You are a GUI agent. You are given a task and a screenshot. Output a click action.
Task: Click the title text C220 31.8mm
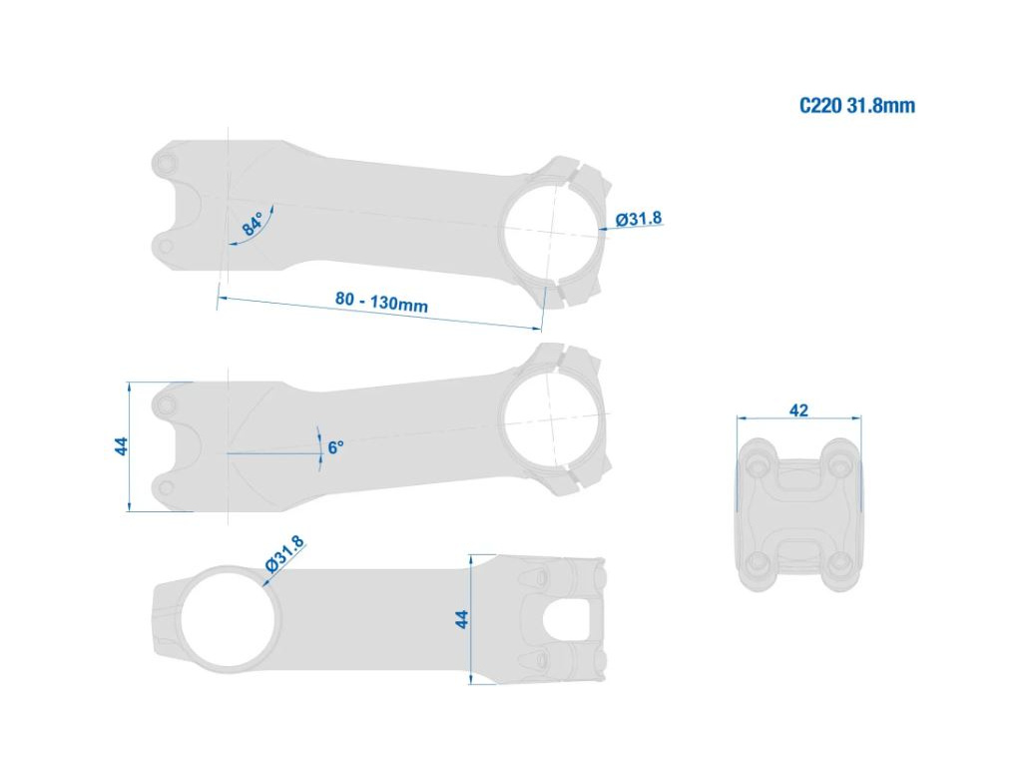(857, 106)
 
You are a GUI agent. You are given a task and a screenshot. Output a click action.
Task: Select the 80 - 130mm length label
(382, 302)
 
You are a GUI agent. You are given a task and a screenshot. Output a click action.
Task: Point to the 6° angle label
(335, 447)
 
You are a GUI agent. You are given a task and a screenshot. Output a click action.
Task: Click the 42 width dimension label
(798, 410)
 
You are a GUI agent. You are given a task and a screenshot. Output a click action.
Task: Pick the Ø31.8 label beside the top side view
(640, 218)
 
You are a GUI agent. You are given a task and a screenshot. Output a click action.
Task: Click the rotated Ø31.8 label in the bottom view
(284, 554)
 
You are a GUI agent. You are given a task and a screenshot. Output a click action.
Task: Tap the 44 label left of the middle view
(121, 446)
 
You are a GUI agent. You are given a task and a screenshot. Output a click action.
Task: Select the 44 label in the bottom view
(461, 619)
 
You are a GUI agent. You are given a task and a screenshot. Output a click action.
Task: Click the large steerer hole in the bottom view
(230, 617)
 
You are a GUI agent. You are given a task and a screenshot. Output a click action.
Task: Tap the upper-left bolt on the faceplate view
(758, 465)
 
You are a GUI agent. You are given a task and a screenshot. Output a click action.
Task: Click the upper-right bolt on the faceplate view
(840, 465)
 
